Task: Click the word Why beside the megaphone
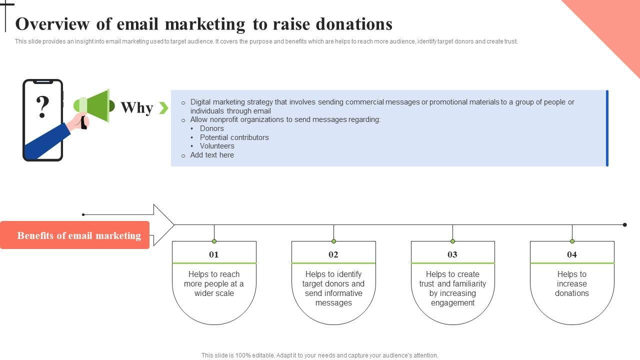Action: (x=136, y=107)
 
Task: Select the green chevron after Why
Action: (x=163, y=107)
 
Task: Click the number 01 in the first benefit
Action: (x=214, y=254)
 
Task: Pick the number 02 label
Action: (x=333, y=254)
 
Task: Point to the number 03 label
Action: (x=452, y=254)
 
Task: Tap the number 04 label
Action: (x=572, y=254)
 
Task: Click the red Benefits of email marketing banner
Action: (x=75, y=235)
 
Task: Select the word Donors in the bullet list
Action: (x=212, y=128)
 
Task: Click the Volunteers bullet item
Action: (x=217, y=146)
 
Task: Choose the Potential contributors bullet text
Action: (x=234, y=137)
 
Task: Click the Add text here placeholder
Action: (x=212, y=155)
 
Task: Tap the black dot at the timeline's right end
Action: (x=624, y=225)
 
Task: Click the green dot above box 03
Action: (x=452, y=241)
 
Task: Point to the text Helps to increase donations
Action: (x=572, y=283)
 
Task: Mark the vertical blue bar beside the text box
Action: (x=607, y=128)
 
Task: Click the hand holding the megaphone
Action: (x=79, y=121)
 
